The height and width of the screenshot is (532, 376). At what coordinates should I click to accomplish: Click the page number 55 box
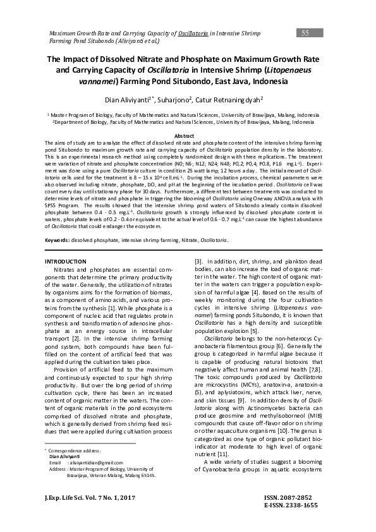click(305, 33)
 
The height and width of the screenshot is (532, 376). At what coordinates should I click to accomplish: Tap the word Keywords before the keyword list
click(58, 241)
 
